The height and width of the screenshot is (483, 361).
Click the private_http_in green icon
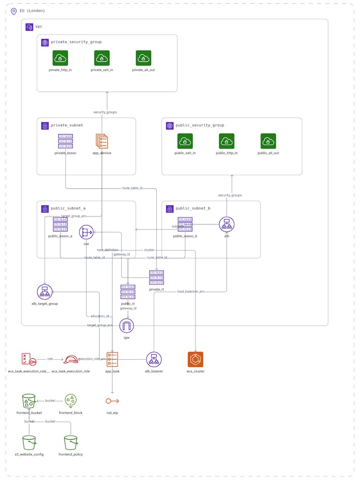pyautogui.click(x=60, y=58)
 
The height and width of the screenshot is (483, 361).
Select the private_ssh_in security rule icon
pyautogui.click(x=102, y=58)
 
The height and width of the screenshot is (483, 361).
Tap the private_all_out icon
pyautogui.click(x=143, y=58)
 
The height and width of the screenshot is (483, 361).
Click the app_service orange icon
pyautogui.click(x=102, y=142)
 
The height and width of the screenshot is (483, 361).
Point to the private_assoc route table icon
pyautogui.click(x=65, y=142)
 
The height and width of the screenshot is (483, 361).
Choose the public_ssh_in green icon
pyautogui.click(x=185, y=141)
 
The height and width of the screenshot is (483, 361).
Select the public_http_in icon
pyautogui.click(x=226, y=141)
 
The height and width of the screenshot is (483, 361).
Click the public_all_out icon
pyautogui.click(x=268, y=141)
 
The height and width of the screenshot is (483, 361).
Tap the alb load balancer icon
pyautogui.click(x=226, y=224)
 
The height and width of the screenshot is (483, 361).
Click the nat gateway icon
pyautogui.click(x=87, y=232)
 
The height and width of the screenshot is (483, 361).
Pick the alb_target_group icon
pyautogui.click(x=45, y=292)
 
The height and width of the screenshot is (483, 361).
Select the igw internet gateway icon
pyautogui.click(x=126, y=326)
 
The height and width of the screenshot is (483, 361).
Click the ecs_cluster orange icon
pyautogui.click(x=195, y=359)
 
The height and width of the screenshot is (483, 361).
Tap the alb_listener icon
pyautogui.click(x=154, y=359)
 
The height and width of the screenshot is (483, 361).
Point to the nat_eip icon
pyautogui.click(x=112, y=401)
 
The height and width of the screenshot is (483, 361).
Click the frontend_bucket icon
pyautogui.click(x=29, y=401)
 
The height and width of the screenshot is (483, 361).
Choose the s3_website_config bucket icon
pyautogui.click(x=29, y=442)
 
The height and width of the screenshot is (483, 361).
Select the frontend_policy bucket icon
pyautogui.click(x=71, y=442)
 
